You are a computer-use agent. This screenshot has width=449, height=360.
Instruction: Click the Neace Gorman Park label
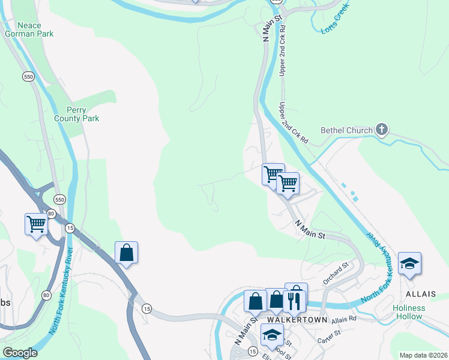click(37, 29)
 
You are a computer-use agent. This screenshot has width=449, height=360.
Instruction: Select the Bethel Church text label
click(346, 130)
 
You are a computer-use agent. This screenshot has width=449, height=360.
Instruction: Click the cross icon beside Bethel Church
click(382, 129)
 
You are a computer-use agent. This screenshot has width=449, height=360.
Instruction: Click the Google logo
click(20, 353)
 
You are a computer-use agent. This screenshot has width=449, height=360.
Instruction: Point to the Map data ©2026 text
click(423, 355)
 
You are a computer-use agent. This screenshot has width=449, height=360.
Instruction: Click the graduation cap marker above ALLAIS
click(409, 263)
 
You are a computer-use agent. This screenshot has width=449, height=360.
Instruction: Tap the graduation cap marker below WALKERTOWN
click(272, 335)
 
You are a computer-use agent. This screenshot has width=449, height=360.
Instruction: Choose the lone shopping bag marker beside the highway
click(127, 252)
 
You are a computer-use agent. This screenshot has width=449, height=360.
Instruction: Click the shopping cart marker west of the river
click(37, 224)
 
